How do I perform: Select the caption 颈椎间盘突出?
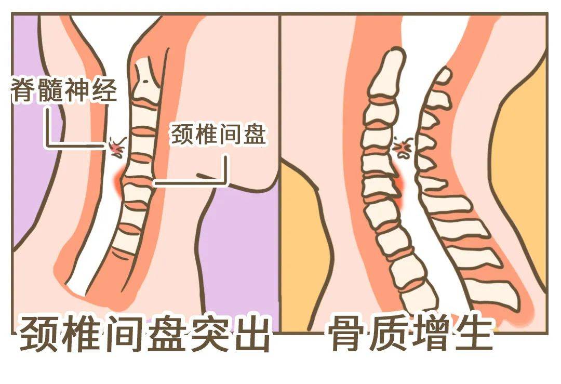145,334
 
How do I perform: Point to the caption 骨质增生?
410,334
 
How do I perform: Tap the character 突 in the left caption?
208,334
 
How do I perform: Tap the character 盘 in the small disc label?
255,135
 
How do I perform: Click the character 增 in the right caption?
432,334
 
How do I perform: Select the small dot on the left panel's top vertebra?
144,81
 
